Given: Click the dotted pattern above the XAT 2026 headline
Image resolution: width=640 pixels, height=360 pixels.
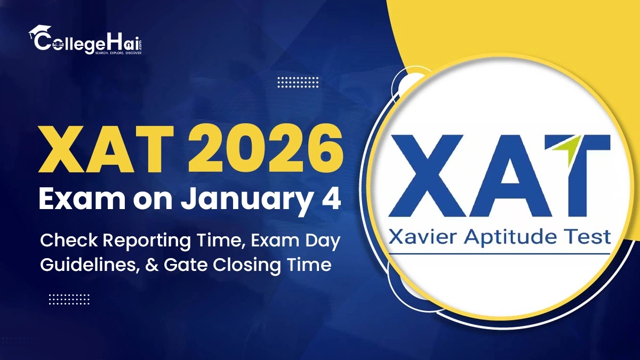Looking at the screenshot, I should click(x=298, y=82).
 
